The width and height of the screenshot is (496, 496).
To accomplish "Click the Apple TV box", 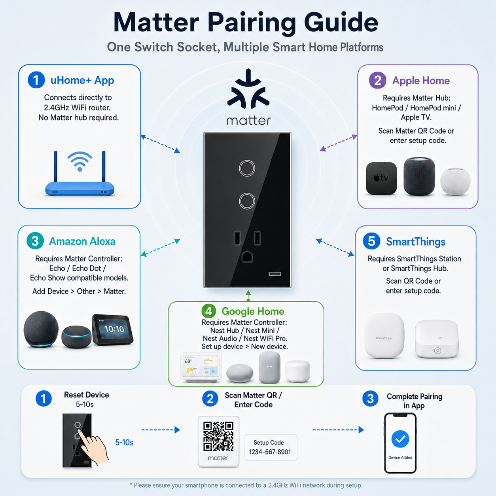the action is coord(381,178).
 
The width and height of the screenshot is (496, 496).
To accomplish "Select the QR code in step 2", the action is coord(218,437).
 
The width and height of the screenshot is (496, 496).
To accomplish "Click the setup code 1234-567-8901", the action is coord(270,452).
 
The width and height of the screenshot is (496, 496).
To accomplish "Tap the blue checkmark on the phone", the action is coord(400,439).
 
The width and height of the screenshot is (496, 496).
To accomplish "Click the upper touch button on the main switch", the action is coord(247,168).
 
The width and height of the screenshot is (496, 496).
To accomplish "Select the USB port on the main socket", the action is coord(275,274).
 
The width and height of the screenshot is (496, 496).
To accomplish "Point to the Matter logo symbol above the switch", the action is coord(248,89).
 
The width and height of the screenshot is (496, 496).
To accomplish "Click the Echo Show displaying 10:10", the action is coord(113,330).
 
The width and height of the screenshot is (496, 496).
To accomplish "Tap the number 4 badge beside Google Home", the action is coord(209,311).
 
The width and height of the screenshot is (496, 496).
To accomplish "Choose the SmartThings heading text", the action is coord(416,242).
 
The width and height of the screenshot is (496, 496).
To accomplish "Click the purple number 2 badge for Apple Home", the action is coord(378,80).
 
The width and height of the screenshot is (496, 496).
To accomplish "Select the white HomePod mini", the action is coord(455,182).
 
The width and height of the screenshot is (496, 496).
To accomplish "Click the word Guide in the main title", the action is coord(341,23).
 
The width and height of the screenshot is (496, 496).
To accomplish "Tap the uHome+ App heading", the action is coord(82,80).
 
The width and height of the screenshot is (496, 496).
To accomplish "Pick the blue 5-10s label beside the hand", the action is coord(124,443).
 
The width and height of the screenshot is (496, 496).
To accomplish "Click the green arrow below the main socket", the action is coord(248,296).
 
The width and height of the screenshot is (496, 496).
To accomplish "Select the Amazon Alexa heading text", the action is coord(82,241).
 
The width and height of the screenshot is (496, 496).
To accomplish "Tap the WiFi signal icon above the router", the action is coord(80,161).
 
